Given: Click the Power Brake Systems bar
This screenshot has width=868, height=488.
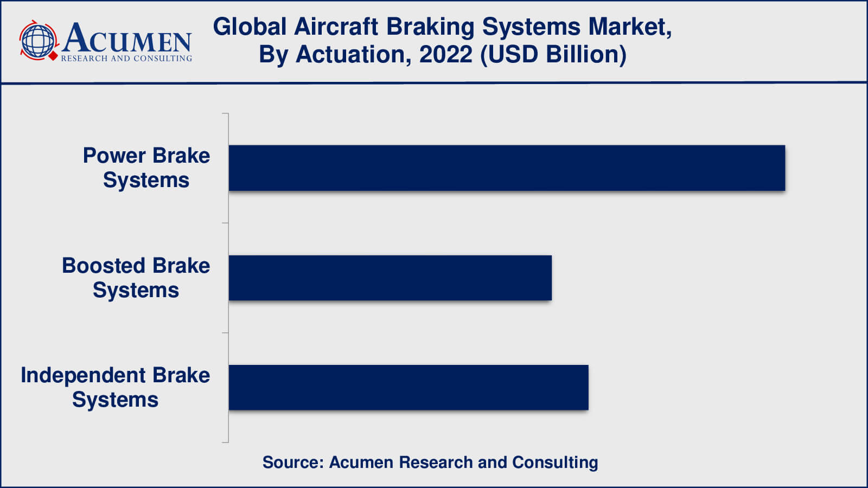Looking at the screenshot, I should point(507,168).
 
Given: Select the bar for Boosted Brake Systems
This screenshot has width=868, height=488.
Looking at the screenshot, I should point(390,278).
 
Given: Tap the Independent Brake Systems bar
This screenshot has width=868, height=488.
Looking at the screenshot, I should point(409,388).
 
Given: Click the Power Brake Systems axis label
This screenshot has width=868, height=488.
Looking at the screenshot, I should point(146,168).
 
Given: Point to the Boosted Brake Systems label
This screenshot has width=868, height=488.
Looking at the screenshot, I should point(136,278).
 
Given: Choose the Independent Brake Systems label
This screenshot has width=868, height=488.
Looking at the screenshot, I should point(115,387).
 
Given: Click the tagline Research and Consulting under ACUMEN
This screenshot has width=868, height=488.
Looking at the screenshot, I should point(126,59).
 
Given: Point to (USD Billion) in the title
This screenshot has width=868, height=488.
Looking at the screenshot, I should point(553,55).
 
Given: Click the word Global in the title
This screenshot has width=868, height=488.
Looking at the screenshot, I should point(250,27).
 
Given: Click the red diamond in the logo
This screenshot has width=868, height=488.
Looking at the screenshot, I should point(53,56).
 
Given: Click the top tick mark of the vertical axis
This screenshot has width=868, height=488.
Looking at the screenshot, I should point(225,113).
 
